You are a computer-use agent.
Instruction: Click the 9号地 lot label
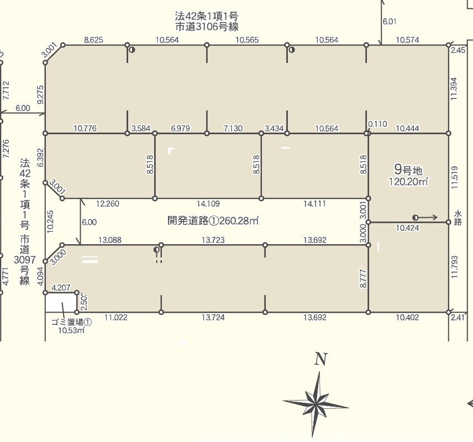pos(408,170)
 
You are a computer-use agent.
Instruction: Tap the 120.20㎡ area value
pos(408,182)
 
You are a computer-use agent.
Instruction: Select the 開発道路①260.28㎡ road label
pos(213,220)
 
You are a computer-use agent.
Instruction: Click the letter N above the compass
pos(320,359)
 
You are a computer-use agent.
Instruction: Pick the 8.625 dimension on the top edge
pos(93,40)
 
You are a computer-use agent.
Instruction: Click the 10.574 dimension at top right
pos(407,40)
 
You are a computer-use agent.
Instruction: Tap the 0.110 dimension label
pos(377,124)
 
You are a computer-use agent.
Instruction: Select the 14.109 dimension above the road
pos(208,204)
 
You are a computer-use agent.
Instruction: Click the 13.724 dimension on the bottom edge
pos(213,317)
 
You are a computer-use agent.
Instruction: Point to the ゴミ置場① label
pos(71,322)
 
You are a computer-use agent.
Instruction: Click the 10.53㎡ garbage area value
pos(71,330)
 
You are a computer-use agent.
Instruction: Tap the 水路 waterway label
pos(458,218)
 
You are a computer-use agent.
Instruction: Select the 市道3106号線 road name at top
pos(207,27)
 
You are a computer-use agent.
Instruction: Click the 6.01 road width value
pos(390,22)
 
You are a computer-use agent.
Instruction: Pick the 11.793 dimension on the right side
pos(455,267)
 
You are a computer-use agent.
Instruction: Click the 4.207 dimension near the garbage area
pos(61,287)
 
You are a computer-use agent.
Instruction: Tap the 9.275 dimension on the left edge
pos(40,94)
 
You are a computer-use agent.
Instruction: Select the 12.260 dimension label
pos(107,204)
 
